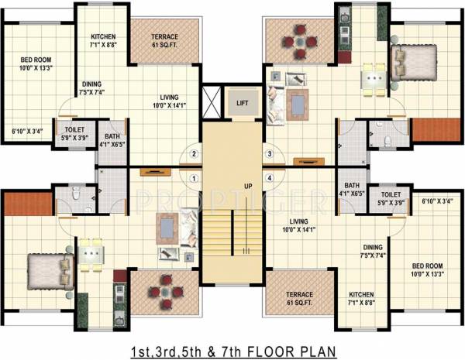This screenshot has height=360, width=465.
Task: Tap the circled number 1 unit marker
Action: (195, 177)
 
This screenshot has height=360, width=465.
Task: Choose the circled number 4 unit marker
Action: (270, 177)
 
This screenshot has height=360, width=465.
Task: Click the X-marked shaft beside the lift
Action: (211, 101)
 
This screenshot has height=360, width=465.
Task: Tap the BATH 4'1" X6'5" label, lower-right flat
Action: (352, 190)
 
